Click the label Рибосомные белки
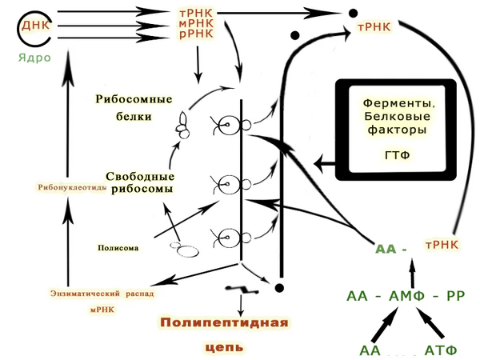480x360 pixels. [x=134, y=106]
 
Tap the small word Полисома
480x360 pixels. [x=118, y=248]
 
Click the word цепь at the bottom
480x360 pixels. [x=223, y=348]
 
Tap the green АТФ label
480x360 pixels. [x=440, y=350]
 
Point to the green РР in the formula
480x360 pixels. [x=455, y=295]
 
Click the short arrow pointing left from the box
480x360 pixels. [x=323, y=163]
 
